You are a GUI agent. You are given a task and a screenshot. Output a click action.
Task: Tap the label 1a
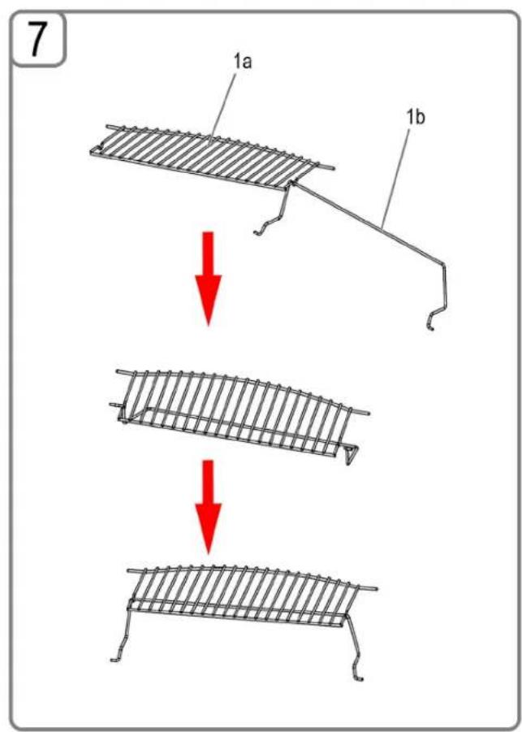click(243, 61)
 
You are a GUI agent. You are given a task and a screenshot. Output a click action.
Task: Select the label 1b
click(416, 118)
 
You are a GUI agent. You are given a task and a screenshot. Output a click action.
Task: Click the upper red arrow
click(208, 278)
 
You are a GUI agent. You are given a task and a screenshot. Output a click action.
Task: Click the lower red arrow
click(208, 507)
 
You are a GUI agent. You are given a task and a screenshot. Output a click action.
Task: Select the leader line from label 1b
click(395, 178)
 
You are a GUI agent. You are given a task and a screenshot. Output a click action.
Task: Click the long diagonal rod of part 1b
click(369, 224)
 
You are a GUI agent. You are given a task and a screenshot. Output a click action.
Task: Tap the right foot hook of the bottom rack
click(358, 674)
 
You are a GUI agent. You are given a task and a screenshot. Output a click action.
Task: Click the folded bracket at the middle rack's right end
click(351, 454)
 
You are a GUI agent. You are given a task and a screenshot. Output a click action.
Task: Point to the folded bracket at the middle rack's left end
click(123, 414)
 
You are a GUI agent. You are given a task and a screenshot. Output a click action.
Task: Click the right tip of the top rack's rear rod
click(333, 167)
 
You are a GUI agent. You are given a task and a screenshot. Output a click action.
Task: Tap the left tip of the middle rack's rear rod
click(117, 371)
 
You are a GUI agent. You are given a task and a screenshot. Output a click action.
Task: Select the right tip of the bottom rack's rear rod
click(376, 588)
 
